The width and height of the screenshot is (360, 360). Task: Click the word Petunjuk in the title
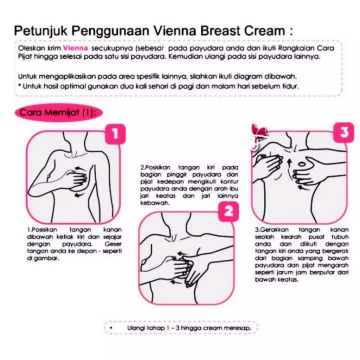point(41,31)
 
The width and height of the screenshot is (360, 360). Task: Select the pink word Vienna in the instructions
point(75,48)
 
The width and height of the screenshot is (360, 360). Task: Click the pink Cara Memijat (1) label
point(58,113)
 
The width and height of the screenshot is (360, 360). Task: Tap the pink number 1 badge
point(115,134)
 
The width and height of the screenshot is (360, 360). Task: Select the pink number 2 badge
point(228,212)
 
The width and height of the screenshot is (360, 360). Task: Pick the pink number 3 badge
point(344,133)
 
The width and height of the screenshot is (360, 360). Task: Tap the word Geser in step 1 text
point(113,244)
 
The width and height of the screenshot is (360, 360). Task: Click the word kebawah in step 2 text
point(155,203)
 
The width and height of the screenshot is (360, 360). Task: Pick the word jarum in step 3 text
point(285,272)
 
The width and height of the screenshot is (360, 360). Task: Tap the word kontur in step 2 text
point(229,182)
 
